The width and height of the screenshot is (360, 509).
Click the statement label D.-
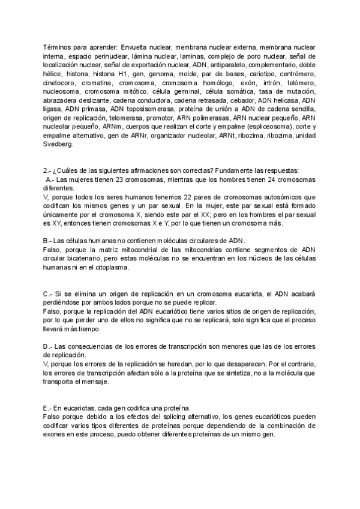(49, 346)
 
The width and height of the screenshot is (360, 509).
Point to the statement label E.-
(49, 408)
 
